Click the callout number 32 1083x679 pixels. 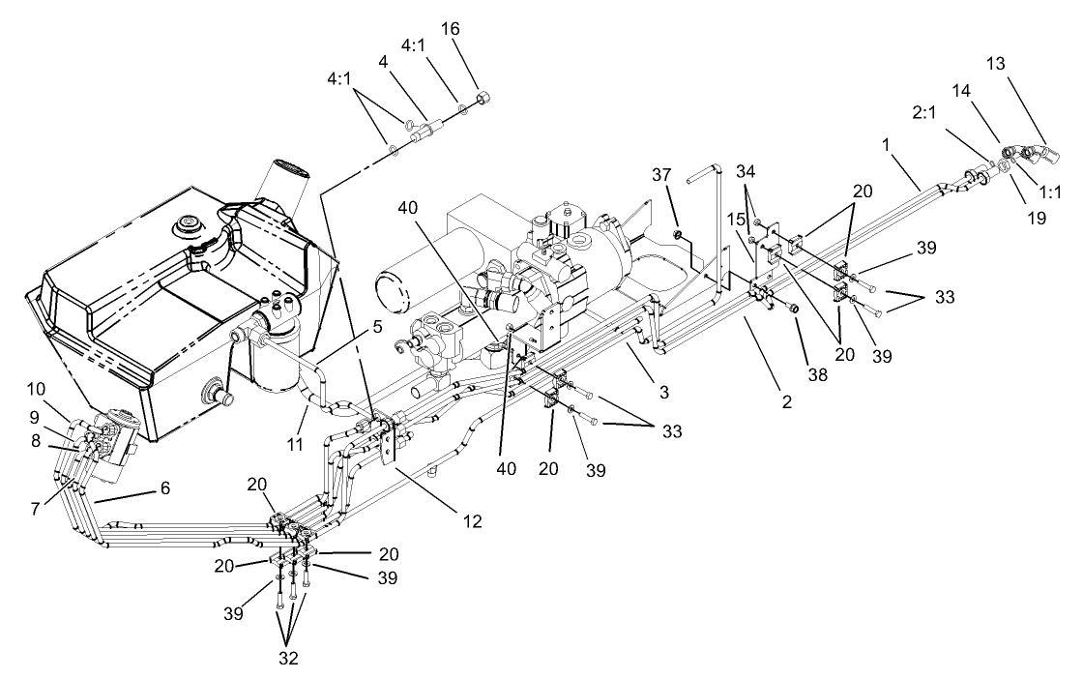tap(286, 658)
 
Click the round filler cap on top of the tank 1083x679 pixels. tap(187, 228)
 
